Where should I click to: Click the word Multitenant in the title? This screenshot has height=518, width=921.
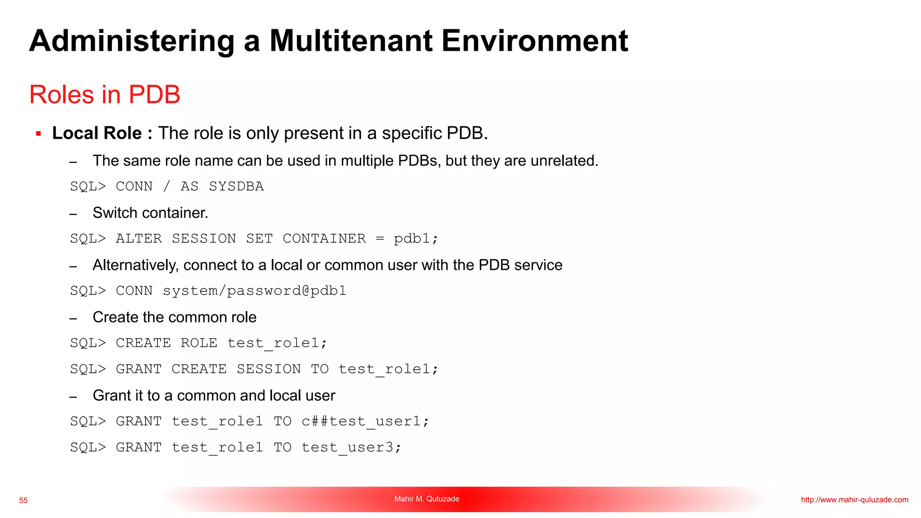coord(351,41)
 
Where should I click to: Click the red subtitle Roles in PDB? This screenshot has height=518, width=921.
coord(105,95)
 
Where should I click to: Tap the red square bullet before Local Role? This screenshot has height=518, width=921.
coord(39,134)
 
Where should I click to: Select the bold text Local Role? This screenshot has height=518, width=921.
coord(97,134)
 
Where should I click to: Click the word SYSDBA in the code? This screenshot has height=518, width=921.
coord(236,187)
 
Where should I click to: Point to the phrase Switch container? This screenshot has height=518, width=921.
coord(150,213)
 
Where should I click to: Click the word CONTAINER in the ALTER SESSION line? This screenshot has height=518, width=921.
coord(324,239)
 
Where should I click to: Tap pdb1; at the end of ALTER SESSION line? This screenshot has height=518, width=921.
coord(416,239)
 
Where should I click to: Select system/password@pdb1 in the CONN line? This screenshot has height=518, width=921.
coord(255,291)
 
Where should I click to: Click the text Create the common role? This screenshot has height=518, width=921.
coord(174,317)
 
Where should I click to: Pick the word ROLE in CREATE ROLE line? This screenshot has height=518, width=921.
coord(199,343)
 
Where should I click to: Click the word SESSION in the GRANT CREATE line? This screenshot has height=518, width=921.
coord(268,369)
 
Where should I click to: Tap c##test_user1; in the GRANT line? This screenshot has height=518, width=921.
coord(365,421)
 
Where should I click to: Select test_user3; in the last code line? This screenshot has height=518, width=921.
coord(351,447)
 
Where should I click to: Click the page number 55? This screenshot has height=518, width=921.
coord(23,500)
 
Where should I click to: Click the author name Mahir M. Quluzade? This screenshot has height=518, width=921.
coord(427,499)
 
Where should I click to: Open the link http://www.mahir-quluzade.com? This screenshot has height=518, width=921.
coord(854,500)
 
